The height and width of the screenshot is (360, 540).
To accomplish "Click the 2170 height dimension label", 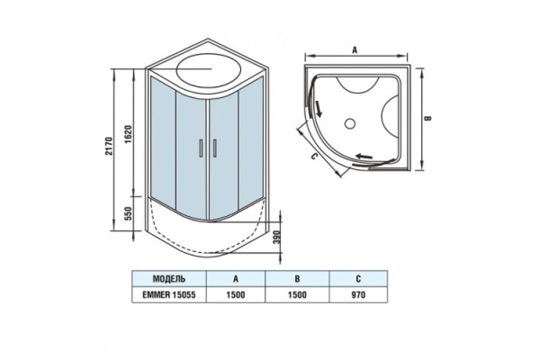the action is point(109,146).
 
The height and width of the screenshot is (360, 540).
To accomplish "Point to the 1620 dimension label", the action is point(129,134).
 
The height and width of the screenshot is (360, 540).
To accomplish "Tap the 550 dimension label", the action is point(129,214).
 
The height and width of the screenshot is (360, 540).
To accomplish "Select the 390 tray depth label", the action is point(277,237).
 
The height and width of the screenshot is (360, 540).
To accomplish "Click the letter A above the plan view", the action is point(355,50).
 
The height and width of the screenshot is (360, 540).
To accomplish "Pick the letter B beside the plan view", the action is point(428,118).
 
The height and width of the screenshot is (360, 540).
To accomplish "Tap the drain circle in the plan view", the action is point(350,124).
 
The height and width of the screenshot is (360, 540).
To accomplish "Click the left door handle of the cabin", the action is point(201,148).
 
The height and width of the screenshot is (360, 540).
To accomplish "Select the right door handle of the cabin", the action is point(215,148).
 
